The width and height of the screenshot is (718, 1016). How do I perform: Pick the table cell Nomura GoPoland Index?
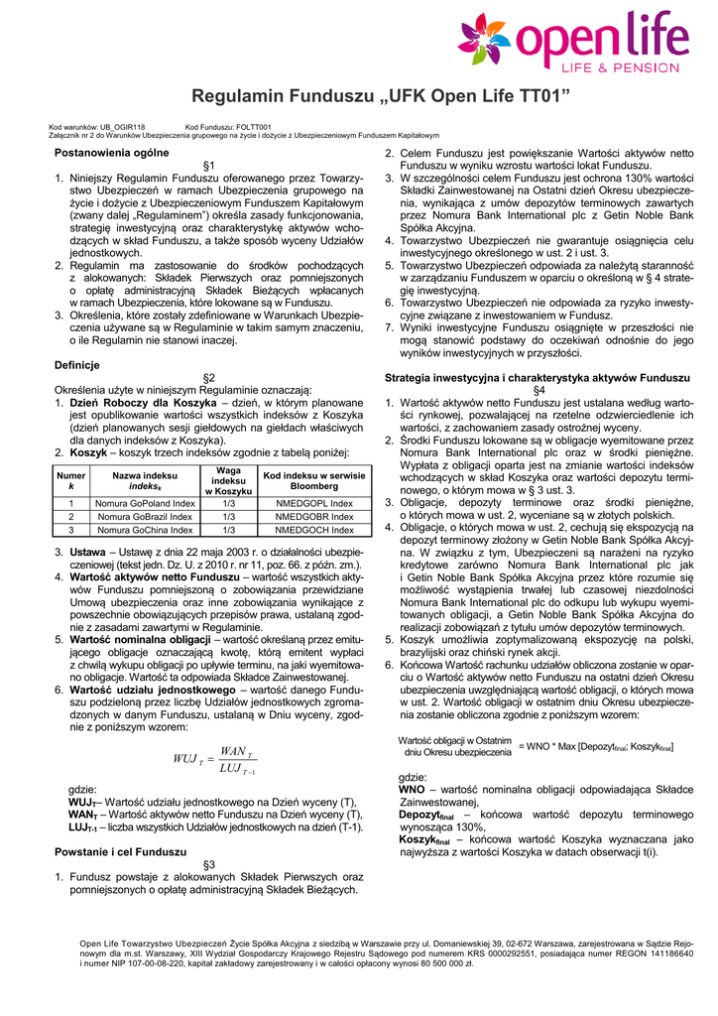pyautogui.click(x=144, y=503)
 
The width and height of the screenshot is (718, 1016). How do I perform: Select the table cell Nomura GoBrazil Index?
pyautogui.click(x=144, y=517)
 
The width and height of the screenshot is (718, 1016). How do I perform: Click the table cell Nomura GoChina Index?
pyautogui.click(x=144, y=531)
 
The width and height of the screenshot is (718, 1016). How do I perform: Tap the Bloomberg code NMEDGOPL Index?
pyautogui.click(x=314, y=503)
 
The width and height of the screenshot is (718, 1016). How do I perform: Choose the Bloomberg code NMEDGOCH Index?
pyautogui.click(x=314, y=531)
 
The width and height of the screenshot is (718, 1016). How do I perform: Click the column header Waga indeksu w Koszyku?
pyautogui.click(x=229, y=480)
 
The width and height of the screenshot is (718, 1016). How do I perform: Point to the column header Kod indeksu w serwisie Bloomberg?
pyautogui.click(x=314, y=480)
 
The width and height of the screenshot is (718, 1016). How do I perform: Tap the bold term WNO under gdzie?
pyautogui.click(x=412, y=789)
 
